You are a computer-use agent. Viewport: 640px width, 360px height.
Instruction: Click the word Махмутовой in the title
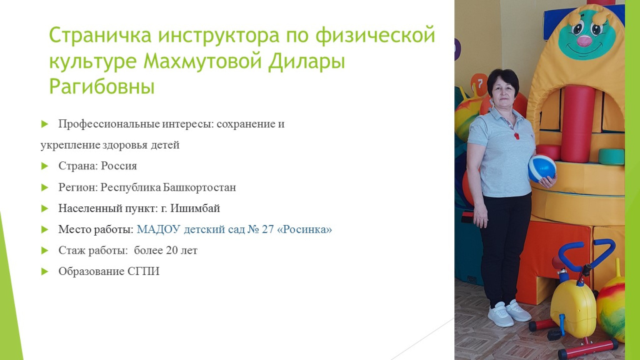(x=203, y=61)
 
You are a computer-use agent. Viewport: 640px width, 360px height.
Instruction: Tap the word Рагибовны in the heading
(x=102, y=86)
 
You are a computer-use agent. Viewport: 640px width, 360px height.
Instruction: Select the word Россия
(x=119, y=166)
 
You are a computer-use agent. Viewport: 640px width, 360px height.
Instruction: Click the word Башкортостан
(x=199, y=187)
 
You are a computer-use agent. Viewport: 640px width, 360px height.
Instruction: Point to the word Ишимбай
(x=195, y=208)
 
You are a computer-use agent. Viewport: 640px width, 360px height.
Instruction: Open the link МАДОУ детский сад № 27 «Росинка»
(x=234, y=229)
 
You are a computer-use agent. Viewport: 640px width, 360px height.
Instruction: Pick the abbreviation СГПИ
(x=143, y=271)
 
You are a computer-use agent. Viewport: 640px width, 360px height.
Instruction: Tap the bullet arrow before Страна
(x=45, y=166)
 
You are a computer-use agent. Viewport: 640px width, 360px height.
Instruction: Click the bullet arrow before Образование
(x=45, y=271)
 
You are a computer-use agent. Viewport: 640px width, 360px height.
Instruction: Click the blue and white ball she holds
(x=542, y=168)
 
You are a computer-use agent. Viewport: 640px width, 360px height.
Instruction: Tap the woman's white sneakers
(x=509, y=313)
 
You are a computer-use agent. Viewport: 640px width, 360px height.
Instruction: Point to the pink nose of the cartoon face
(x=584, y=41)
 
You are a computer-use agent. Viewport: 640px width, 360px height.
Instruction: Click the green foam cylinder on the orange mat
(x=611, y=157)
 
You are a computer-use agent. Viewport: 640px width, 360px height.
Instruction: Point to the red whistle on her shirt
(x=517, y=135)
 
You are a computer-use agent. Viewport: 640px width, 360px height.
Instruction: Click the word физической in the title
(x=375, y=35)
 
